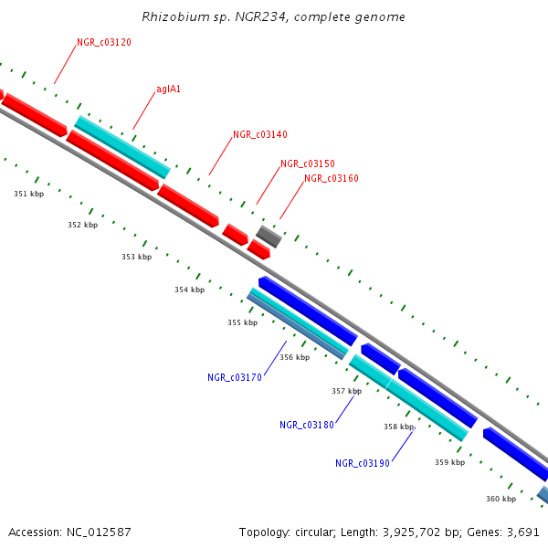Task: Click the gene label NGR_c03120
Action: (x=104, y=43)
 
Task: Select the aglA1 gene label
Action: (x=168, y=90)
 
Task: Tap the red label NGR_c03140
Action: (x=259, y=134)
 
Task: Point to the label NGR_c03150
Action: (x=308, y=163)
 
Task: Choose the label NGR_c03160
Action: (x=332, y=179)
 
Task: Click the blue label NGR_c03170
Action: (x=235, y=377)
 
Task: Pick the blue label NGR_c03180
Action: (x=307, y=425)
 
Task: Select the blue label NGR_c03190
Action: (x=363, y=463)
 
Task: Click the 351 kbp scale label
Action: (x=28, y=194)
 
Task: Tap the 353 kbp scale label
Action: (x=136, y=257)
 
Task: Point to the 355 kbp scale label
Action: (x=242, y=322)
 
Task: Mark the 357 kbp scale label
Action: (x=346, y=391)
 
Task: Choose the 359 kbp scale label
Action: (x=449, y=462)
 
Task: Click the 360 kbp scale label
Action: (x=501, y=499)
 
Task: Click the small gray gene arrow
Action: (x=269, y=237)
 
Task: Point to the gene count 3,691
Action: (x=524, y=532)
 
